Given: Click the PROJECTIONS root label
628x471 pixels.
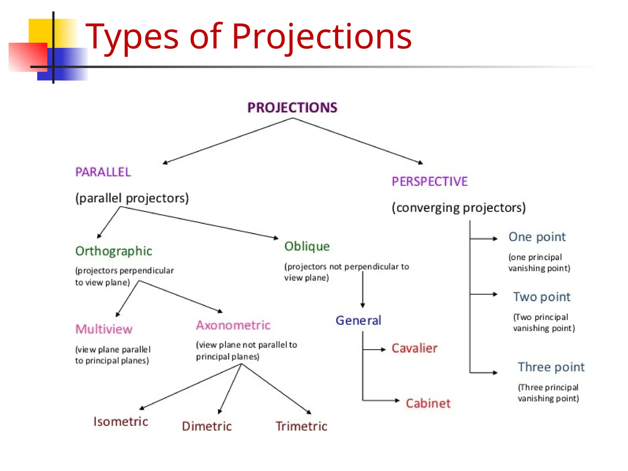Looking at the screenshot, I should (292, 108).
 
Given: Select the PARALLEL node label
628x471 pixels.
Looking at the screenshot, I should (103, 172).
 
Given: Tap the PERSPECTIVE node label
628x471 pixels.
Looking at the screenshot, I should (430, 182).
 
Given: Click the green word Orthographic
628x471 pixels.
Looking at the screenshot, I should (113, 251).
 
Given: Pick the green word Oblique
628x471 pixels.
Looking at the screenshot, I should (307, 246).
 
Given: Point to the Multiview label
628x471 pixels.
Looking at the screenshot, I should (104, 329).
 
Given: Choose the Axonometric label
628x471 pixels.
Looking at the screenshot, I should (233, 325).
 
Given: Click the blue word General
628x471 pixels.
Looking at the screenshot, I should (358, 320).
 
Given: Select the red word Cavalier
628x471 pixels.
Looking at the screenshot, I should (414, 348).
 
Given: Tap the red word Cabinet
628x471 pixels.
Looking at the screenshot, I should (428, 403).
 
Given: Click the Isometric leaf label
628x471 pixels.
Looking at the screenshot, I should (121, 422).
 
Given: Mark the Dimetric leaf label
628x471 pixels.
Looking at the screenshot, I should (207, 426).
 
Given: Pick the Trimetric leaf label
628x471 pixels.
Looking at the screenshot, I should (301, 426).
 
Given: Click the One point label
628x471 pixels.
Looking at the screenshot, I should (537, 237).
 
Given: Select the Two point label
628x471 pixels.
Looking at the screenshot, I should (542, 297).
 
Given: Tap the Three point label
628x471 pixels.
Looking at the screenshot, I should (551, 367).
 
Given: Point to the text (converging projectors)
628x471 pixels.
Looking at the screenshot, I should (459, 208).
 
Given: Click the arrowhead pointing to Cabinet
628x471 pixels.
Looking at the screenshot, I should (397, 400).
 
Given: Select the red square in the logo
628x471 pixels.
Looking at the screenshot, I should (28, 57).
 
